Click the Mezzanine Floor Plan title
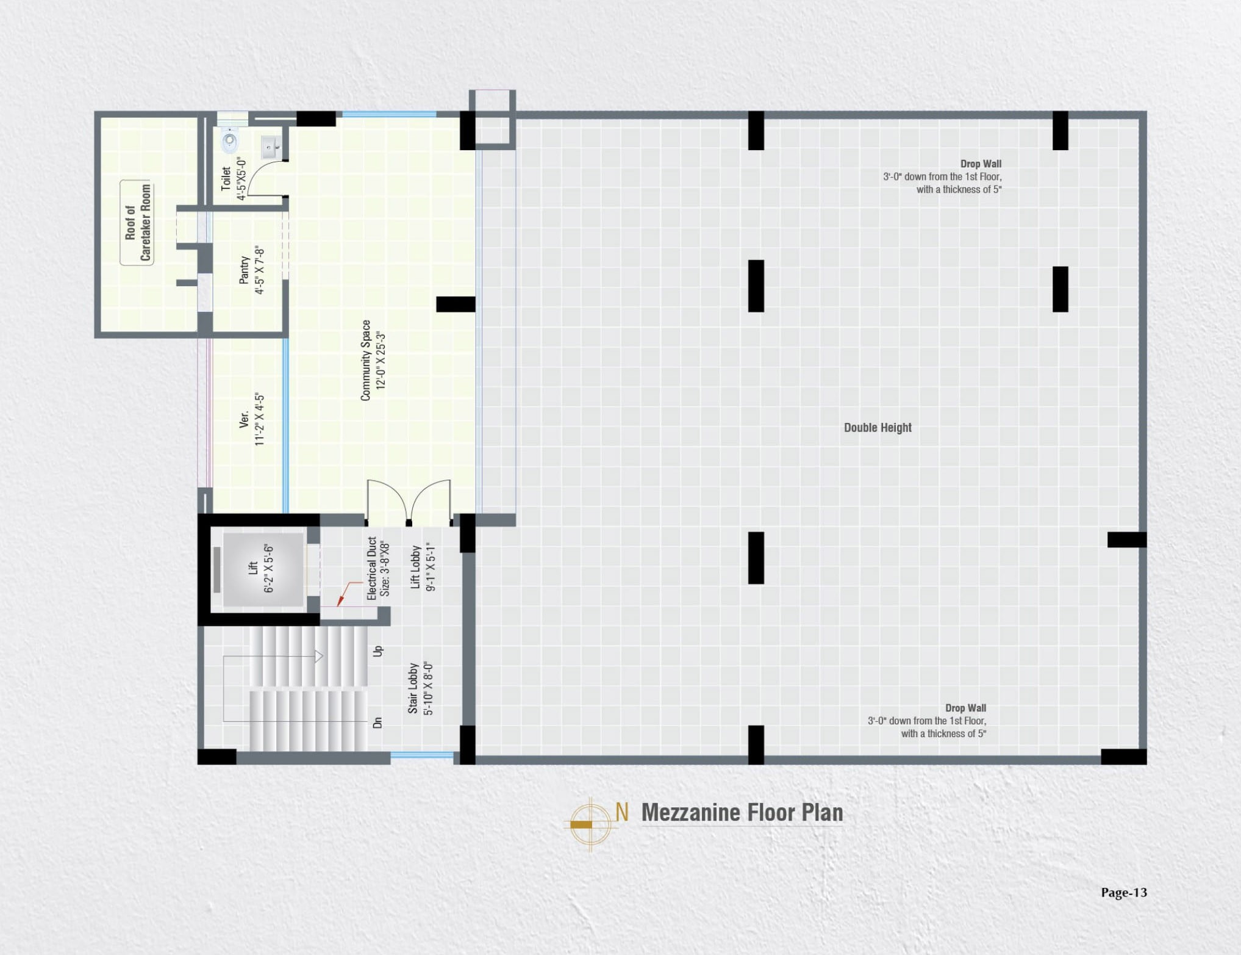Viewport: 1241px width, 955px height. [742, 813]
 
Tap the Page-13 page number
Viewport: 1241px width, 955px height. [1124, 892]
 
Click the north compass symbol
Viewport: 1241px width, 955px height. [590, 824]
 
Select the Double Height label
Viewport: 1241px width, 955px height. [878, 428]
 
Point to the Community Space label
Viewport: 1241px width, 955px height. [373, 361]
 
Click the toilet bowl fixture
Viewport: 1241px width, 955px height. [230, 141]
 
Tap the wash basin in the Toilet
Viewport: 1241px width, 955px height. [270, 147]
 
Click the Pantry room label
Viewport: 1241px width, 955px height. [252, 270]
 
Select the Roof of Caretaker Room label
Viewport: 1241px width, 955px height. [137, 223]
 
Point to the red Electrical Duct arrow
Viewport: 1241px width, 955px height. [348, 594]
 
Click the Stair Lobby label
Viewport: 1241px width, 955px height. [421, 688]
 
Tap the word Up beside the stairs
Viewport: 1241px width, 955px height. [377, 651]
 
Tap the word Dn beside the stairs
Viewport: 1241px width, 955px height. [377, 723]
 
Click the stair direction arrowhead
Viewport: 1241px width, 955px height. [318, 657]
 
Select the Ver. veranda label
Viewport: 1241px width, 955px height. [252, 419]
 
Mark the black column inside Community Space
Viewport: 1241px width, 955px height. [456, 304]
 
